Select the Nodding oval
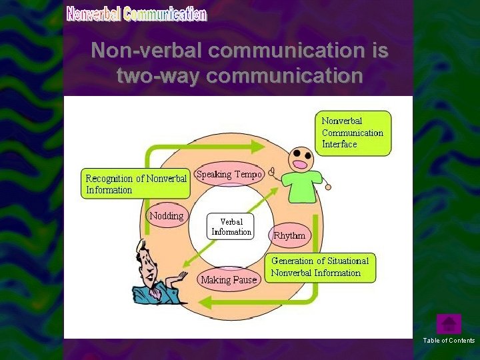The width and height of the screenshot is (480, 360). point(167,216)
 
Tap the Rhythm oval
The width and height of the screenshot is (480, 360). point(289,235)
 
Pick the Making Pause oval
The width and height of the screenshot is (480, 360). point(229,280)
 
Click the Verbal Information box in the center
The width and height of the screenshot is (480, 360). point(231,227)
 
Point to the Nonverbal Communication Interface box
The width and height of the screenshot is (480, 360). point(353,133)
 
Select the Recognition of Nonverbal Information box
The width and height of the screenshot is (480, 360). point(136,184)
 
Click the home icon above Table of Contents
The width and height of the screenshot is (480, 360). point(449,324)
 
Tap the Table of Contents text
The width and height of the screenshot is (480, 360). point(449,341)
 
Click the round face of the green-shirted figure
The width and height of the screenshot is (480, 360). point(301,159)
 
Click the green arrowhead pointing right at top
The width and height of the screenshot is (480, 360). point(257,146)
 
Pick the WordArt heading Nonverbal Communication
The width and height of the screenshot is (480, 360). point(137,14)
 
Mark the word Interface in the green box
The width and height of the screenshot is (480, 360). point(339,144)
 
